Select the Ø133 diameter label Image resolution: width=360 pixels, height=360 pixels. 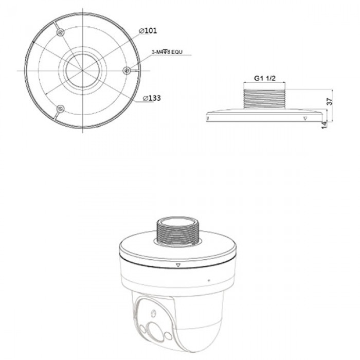coord(150,97)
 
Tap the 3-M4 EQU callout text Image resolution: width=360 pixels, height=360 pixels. coord(168,52)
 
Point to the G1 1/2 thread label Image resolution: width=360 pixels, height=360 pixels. coord(266,79)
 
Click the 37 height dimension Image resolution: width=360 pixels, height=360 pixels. coord(330,102)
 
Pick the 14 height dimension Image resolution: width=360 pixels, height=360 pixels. coord(325,124)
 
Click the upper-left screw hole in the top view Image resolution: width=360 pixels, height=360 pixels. coord(61,32)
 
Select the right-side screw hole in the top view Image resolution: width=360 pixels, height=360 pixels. coord(127,70)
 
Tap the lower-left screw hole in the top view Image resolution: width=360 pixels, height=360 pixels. coord(61,108)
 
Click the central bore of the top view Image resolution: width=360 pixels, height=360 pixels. coord(82,70)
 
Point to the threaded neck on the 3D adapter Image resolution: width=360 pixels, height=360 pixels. coord(177,231)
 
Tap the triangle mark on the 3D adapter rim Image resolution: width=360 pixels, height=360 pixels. coord(177,266)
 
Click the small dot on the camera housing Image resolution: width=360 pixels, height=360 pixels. coord(209,280)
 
